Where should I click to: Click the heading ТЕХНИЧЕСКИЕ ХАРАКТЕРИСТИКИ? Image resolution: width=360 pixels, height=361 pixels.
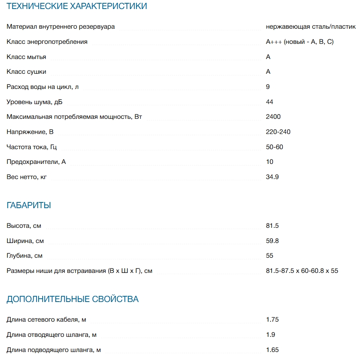pyautogui.click(x=77, y=6)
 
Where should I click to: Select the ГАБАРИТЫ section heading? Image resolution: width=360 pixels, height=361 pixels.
pyautogui.click(x=29, y=205)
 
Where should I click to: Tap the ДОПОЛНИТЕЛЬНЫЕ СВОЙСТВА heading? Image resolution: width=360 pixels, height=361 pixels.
pyautogui.click(x=73, y=299)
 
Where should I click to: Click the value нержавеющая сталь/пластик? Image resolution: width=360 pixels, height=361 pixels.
pyautogui.click(x=311, y=27)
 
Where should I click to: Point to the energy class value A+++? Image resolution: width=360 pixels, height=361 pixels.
pyautogui.click(x=274, y=42)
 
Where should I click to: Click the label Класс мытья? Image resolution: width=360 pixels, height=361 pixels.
pyautogui.click(x=26, y=57)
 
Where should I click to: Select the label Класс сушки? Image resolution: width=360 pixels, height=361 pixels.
pyautogui.click(x=26, y=72)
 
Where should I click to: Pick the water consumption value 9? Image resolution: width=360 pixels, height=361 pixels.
pyautogui.click(x=268, y=86)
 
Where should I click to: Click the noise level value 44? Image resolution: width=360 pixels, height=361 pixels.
pyautogui.click(x=269, y=102)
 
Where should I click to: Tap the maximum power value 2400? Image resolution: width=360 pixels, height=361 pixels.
pyautogui.click(x=273, y=117)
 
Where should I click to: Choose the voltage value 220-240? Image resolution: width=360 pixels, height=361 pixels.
pyautogui.click(x=278, y=132)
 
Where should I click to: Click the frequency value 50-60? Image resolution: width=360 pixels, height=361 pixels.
pyautogui.click(x=274, y=147)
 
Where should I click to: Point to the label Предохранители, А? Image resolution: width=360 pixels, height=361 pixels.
pyautogui.click(x=36, y=162)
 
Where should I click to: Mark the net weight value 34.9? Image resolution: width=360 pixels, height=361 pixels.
pyautogui.click(x=272, y=177)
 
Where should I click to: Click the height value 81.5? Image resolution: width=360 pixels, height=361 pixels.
pyautogui.click(x=272, y=226)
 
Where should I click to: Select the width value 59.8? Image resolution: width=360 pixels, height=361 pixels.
pyautogui.click(x=272, y=241)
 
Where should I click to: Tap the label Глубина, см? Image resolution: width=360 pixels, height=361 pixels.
pyautogui.click(x=25, y=256)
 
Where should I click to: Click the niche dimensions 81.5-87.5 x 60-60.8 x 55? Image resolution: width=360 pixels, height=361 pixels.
pyautogui.click(x=302, y=271)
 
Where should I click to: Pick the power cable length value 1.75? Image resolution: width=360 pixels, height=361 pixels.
pyautogui.click(x=272, y=320)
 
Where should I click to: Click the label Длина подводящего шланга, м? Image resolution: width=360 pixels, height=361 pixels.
pyautogui.click(x=54, y=350)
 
